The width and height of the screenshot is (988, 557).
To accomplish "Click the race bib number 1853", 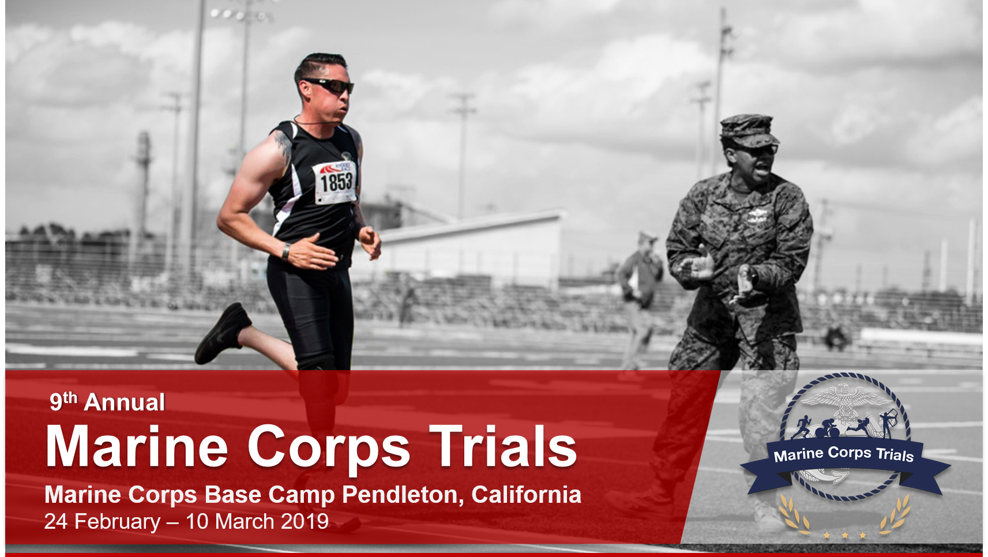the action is click(x=336, y=182).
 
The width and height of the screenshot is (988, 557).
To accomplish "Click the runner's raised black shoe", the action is click(x=223, y=333).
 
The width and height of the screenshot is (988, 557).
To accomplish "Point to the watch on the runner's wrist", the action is click(x=286, y=251).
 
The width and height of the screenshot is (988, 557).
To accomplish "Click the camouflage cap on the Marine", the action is click(x=749, y=130).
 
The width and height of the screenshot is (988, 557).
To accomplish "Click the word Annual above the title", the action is click(x=124, y=402).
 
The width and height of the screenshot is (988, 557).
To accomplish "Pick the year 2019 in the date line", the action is click(x=305, y=522).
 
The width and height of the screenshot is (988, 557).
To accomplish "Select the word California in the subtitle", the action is click(x=526, y=495).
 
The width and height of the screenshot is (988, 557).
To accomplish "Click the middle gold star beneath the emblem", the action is click(x=844, y=536).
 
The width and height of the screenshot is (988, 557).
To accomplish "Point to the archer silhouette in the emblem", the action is click(x=888, y=423).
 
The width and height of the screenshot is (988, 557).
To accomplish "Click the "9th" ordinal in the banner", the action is click(x=63, y=401).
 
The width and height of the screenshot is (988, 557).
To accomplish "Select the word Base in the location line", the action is click(x=233, y=495).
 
